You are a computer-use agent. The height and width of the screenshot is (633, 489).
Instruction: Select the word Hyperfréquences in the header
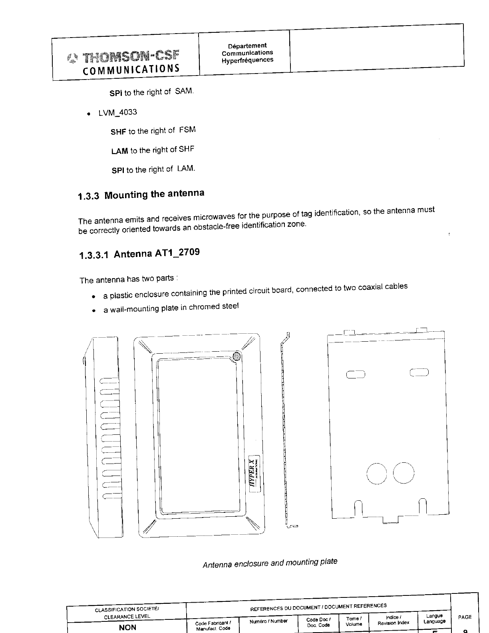248,60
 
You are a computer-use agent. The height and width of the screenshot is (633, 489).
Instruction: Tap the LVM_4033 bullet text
117,112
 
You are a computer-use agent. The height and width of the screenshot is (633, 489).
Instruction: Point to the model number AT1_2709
177,253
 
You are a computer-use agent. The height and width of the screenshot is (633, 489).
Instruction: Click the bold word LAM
119,151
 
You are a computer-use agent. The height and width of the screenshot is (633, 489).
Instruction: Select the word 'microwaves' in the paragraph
214,217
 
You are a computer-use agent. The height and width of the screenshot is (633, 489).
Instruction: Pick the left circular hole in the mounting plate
376,473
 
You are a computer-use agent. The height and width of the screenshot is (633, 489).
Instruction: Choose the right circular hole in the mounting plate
404,473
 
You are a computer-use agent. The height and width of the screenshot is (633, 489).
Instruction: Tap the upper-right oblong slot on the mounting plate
419,373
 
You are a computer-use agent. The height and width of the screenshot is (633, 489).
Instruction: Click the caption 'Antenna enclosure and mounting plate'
270,563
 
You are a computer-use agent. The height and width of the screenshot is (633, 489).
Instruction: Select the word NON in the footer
127,627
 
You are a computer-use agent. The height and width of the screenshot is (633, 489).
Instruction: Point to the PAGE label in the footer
465,617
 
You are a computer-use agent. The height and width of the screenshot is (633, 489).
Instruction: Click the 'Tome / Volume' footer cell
354,621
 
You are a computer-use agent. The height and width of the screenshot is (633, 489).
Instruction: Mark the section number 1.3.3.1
94,255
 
